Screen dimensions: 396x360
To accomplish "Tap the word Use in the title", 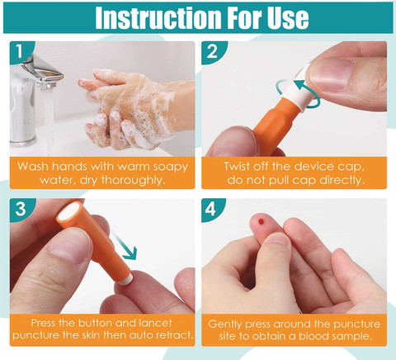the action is click(x=288, y=17).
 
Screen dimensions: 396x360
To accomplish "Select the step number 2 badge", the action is click(x=212, y=51).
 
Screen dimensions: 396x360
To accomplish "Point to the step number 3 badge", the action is click(x=20, y=209).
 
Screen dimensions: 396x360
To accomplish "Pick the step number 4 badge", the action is click(x=211, y=209).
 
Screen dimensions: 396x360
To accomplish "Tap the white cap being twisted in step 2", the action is click(x=299, y=88).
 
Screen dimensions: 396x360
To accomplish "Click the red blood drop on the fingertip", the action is click(x=261, y=221).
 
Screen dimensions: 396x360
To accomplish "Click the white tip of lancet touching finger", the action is click(x=127, y=279).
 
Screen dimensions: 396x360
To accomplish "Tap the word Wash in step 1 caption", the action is click(x=33, y=167).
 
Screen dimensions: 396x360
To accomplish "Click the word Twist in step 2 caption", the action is click(x=237, y=167).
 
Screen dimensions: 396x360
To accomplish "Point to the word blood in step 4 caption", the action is click(x=313, y=336).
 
